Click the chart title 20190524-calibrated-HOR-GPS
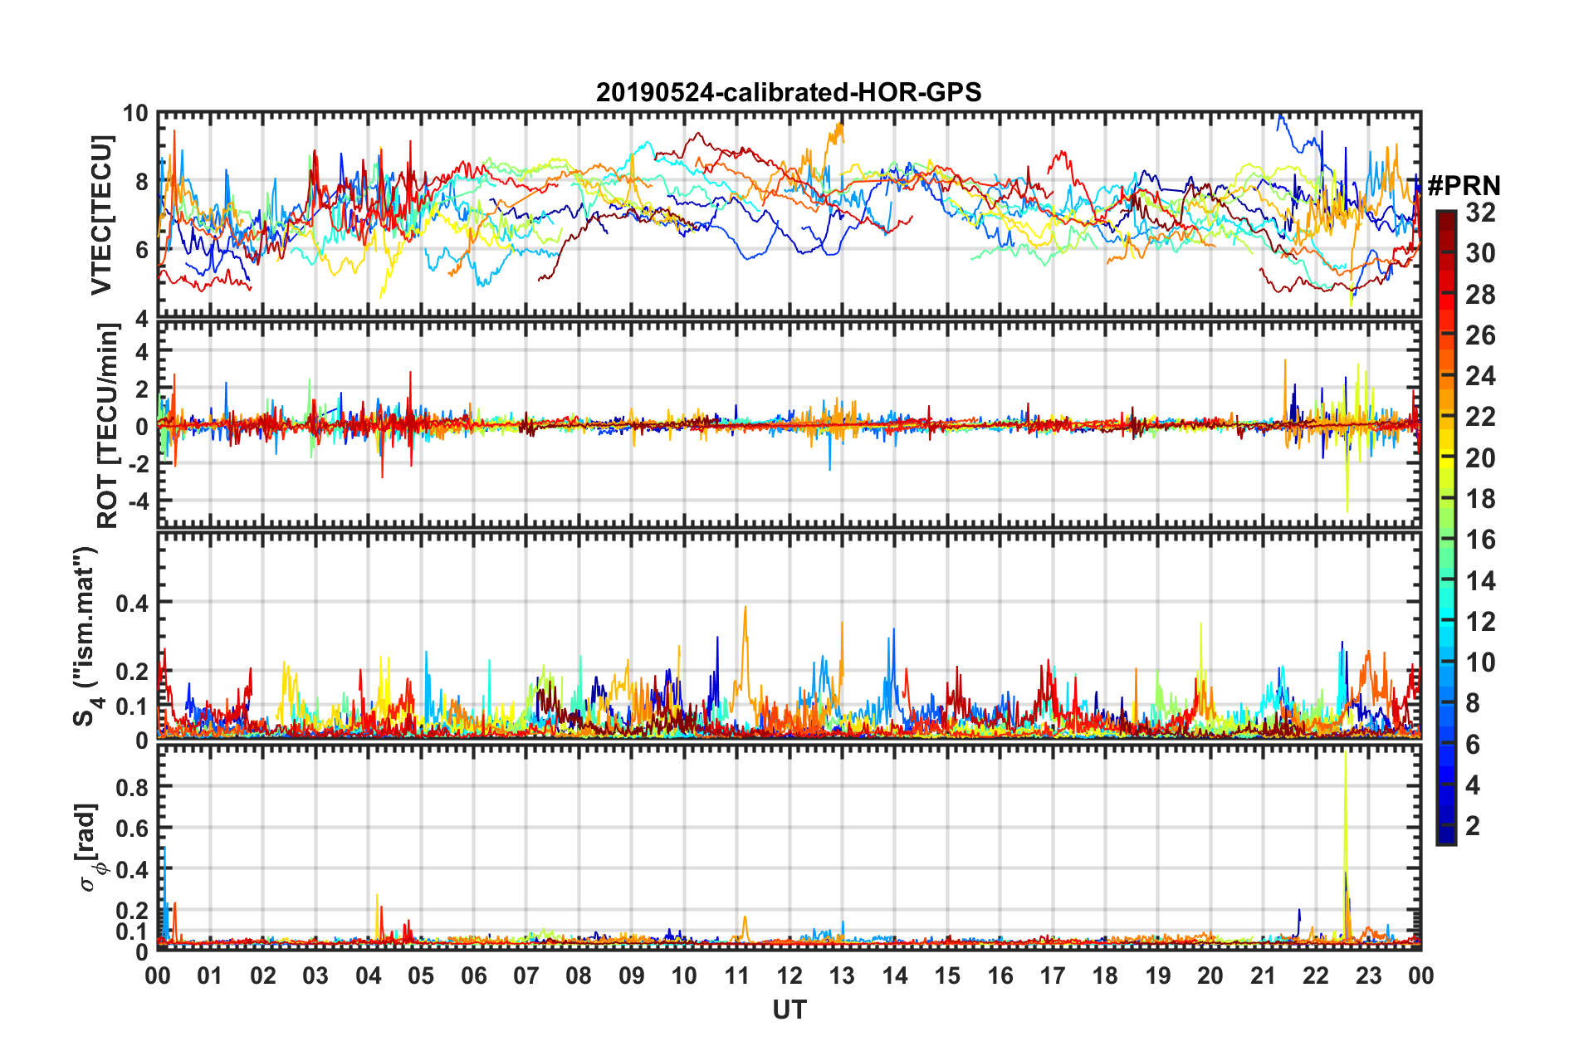pos(788,92)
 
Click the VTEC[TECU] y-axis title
pos(101,215)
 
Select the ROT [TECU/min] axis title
pos(108,426)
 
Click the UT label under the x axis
pos(789,1010)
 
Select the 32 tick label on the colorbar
pos(1480,213)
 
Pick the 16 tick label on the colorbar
pos(1480,540)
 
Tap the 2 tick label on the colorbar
pos(1473,825)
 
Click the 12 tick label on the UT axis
pos(789,975)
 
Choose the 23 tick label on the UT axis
pos(1368,975)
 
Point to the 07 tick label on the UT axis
pos(526,975)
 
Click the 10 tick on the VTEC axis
pos(135,114)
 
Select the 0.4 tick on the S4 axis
pos(132,603)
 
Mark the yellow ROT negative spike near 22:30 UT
pos(1347,506)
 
